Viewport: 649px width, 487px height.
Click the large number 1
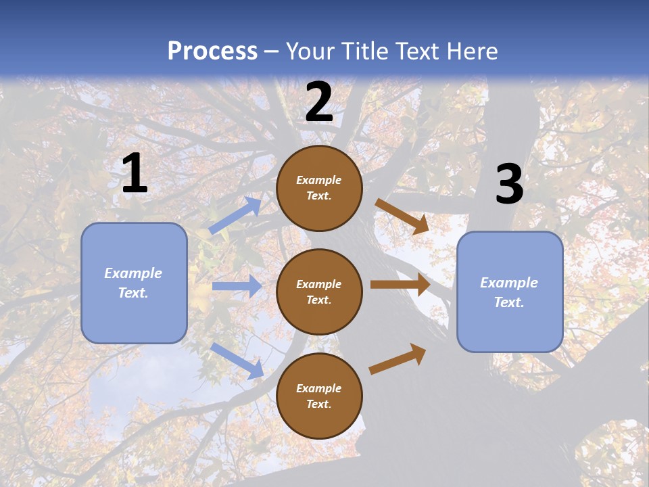pos(135,173)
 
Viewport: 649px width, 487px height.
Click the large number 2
pos(319,102)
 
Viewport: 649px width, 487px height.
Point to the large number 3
pos(509,184)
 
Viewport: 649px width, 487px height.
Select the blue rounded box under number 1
pos(134,283)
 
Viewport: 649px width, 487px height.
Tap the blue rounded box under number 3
pos(510,292)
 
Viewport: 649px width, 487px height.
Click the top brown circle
pos(319,188)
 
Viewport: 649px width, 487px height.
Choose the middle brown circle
pos(319,292)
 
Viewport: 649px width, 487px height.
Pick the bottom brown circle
pos(319,396)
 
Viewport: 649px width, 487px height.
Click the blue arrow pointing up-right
pos(236,215)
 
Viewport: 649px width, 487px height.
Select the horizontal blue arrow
pos(237,286)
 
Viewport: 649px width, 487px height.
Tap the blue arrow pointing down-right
pos(237,361)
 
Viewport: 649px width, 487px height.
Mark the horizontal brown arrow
pos(400,284)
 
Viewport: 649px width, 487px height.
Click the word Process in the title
pos(212,51)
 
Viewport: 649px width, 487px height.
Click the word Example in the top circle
pos(319,180)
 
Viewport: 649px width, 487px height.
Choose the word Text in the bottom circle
pos(319,404)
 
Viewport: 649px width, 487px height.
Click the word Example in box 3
pos(509,283)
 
